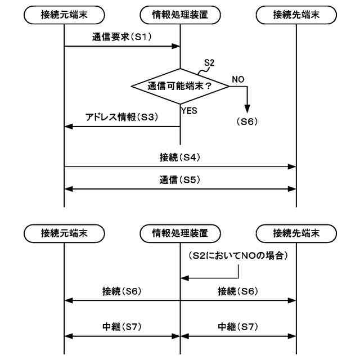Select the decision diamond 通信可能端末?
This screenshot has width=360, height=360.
coord(181,87)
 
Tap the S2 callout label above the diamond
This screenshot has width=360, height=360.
coord(208,62)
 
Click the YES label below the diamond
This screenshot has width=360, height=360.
coord(189,111)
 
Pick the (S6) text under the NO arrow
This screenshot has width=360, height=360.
coord(245,120)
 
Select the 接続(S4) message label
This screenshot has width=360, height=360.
coord(181,158)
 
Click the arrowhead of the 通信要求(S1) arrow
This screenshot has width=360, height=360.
coord(177,46)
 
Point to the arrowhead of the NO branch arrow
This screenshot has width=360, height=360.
coord(246,110)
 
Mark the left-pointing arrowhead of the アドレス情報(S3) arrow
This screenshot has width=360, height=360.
coord(68,127)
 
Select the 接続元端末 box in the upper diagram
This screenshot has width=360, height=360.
coord(65,15)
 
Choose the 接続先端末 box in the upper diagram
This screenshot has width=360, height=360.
coord(296,15)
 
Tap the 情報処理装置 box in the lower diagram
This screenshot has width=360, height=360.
coord(181,232)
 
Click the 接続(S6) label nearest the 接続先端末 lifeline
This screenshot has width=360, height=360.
coord(238,291)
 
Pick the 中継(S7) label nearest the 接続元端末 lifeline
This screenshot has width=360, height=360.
coord(121,327)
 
